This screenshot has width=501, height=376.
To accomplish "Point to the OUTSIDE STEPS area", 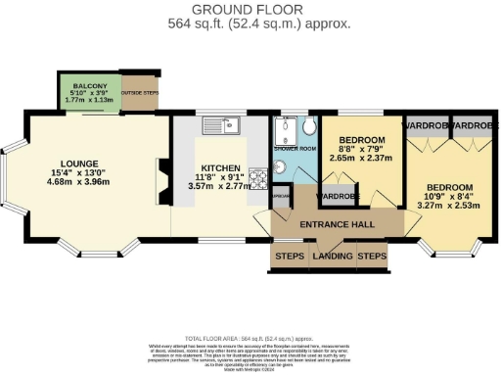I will pyautogui.click(x=138, y=92).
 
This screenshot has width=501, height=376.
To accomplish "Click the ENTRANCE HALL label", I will pyautogui.click(x=337, y=225).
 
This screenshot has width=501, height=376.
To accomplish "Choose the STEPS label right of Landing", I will pyautogui.click(x=372, y=258).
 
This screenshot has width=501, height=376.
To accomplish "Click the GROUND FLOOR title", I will pyautogui.click(x=251, y=9).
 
